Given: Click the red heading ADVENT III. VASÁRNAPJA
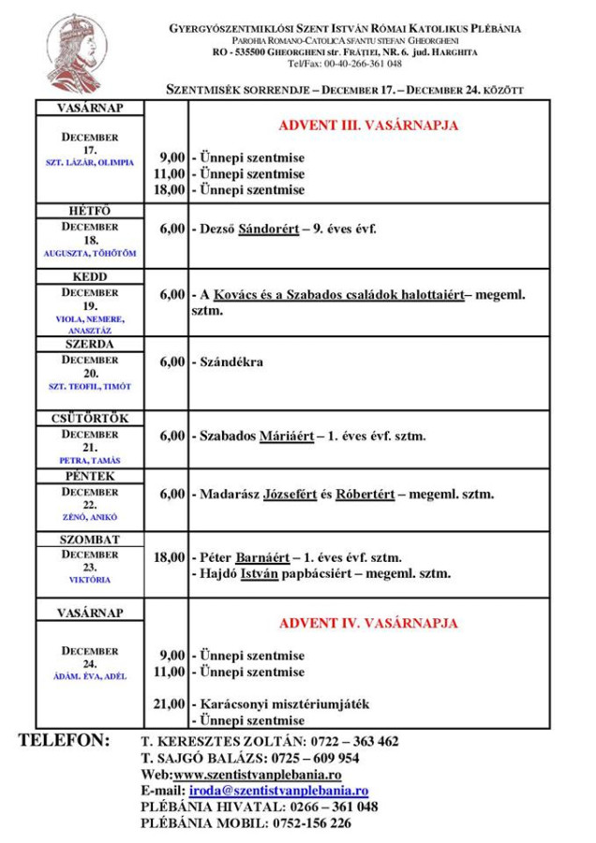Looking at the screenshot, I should (x=368, y=125).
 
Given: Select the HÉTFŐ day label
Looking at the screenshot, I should (x=89, y=212).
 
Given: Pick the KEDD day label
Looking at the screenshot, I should (x=89, y=277).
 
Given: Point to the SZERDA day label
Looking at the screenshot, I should (x=89, y=344).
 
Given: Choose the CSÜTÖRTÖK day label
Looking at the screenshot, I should (x=89, y=419).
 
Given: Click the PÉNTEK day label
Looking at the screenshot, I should (x=89, y=477).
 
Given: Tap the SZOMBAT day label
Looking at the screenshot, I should (x=89, y=540).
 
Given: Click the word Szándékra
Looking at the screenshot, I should (x=231, y=362).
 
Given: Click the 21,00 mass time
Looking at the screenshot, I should (x=169, y=702).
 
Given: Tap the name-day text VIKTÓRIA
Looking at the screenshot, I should (x=90, y=580).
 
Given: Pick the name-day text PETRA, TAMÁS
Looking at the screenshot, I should (x=90, y=461).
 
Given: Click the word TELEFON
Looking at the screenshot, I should (x=65, y=740).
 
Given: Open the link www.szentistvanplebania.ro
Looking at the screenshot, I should (x=257, y=776).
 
